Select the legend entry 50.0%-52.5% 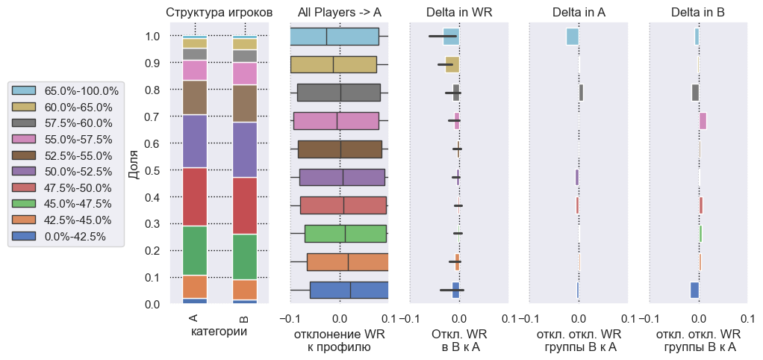(x=78, y=172)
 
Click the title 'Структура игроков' (x=219, y=13)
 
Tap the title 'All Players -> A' (x=340, y=13)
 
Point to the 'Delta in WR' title (x=459, y=13)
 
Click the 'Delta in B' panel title (x=698, y=13)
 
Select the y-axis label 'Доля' (x=134, y=169)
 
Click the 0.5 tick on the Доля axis (x=152, y=170)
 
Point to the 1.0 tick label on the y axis (x=152, y=37)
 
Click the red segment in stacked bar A (x=195, y=196)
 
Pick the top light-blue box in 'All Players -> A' (x=334, y=37)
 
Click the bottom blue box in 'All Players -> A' (x=349, y=290)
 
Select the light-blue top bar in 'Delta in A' (x=573, y=37)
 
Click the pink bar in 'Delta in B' (x=703, y=120)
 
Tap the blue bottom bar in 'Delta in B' (x=694, y=290)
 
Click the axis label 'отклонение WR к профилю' (x=340, y=341)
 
